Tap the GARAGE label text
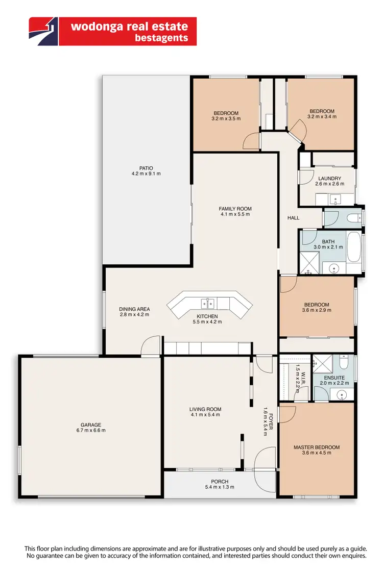click(x=90, y=425)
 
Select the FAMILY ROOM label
click(x=235, y=209)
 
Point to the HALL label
click(x=293, y=218)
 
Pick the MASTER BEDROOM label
click(x=316, y=447)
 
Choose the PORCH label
click(x=220, y=481)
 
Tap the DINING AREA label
click(x=134, y=309)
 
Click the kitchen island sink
click(x=207, y=304)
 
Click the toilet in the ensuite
click(x=345, y=363)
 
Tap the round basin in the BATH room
click(x=334, y=267)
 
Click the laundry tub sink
click(x=337, y=198)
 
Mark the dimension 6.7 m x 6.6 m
click(x=90, y=431)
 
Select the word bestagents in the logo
click(x=162, y=38)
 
